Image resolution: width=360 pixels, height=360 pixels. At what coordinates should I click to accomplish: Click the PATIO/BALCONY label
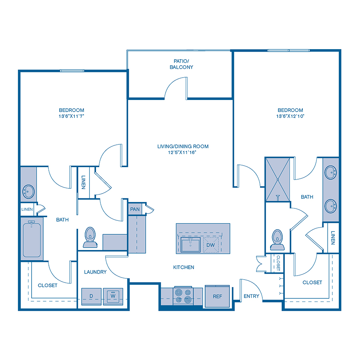tap(183, 64)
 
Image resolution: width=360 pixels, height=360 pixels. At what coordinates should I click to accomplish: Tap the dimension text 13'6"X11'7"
tap(72, 116)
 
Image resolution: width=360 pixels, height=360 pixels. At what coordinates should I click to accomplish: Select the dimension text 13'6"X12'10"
tap(290, 116)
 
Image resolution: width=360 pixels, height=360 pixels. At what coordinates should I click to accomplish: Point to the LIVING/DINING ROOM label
tap(183, 146)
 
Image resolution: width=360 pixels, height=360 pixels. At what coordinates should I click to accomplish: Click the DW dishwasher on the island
tap(210, 245)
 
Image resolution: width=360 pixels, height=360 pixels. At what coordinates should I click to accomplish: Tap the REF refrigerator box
tap(217, 296)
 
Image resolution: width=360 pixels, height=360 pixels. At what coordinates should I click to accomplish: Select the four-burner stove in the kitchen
tap(182, 296)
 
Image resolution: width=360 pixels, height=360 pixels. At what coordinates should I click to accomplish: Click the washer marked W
tap(113, 296)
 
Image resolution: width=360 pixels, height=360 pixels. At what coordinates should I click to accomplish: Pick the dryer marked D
tap(91, 296)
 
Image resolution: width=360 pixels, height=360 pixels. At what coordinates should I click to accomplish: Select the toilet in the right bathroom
tap(276, 239)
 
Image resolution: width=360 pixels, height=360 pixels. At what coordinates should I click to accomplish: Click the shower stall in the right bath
tap(278, 179)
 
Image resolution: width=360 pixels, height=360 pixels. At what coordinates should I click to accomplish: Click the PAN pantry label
tap(134, 209)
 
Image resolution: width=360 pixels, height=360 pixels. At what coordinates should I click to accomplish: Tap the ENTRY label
tap(251, 296)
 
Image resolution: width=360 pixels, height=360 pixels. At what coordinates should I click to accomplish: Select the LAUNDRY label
tap(95, 272)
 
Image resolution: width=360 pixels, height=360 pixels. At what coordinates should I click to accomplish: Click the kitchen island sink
tap(191, 245)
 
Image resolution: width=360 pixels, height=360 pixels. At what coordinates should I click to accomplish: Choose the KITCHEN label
tap(184, 267)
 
